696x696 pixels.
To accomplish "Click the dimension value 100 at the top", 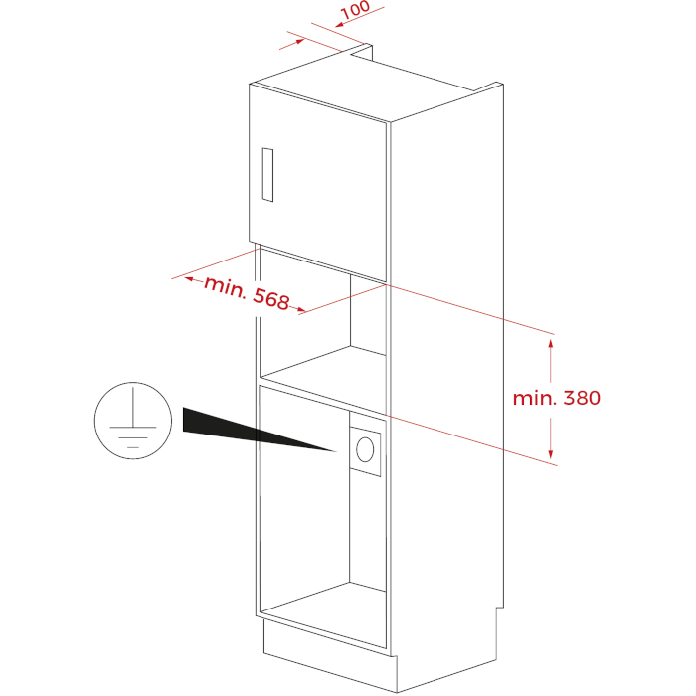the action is tap(355, 10).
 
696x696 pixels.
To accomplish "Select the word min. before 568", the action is tap(225, 287).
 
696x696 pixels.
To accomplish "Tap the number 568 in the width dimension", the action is tap(271, 299).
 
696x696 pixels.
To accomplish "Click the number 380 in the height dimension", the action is tap(582, 398).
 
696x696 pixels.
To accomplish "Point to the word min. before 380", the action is tap(535, 398).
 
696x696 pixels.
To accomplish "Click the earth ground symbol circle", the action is tap(133, 421).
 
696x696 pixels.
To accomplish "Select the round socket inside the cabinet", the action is tap(365, 449).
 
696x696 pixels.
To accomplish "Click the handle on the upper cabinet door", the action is tap(267, 175).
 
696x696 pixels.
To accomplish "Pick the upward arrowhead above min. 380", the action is tap(551, 344).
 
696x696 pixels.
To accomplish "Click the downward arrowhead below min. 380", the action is tap(551, 454).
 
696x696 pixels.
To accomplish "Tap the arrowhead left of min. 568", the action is tap(189, 279).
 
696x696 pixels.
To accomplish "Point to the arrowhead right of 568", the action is tap(301, 309).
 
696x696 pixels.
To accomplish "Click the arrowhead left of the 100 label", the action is tap(340, 25).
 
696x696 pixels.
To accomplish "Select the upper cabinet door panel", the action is tap(318, 182).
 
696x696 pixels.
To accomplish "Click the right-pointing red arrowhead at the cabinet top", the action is tap(300, 41).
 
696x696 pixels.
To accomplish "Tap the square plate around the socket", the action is tap(365, 451).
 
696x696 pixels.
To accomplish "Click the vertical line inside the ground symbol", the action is tap(132, 407).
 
